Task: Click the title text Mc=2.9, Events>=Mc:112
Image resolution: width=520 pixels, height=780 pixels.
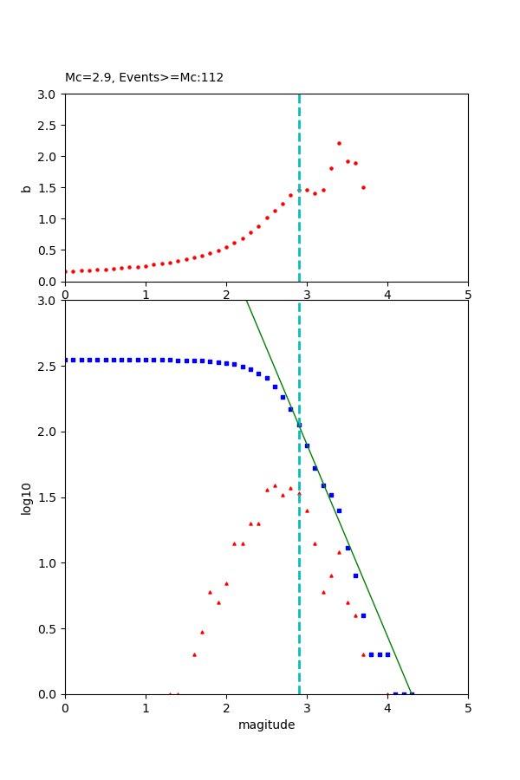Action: coord(144,78)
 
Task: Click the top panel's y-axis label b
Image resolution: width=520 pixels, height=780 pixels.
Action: coord(26,187)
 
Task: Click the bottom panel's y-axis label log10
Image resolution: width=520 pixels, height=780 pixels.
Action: coord(26,497)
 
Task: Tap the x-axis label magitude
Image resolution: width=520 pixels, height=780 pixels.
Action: coord(266,725)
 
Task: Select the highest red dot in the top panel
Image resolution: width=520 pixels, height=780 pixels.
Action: coord(339,143)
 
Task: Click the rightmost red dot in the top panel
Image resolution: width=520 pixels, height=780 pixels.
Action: coord(363,187)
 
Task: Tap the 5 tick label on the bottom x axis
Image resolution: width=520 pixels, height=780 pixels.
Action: coord(468,707)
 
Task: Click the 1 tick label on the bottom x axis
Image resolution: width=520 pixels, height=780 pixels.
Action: coord(146,707)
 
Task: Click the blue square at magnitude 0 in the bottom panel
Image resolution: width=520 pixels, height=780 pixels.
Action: coord(65,360)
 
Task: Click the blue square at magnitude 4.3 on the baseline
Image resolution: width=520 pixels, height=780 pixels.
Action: coord(412,693)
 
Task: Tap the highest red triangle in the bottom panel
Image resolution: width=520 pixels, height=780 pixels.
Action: coord(275,485)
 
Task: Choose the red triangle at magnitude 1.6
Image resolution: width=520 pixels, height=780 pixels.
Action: coord(194,654)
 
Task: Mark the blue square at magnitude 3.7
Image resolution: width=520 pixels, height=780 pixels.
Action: coord(363,615)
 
